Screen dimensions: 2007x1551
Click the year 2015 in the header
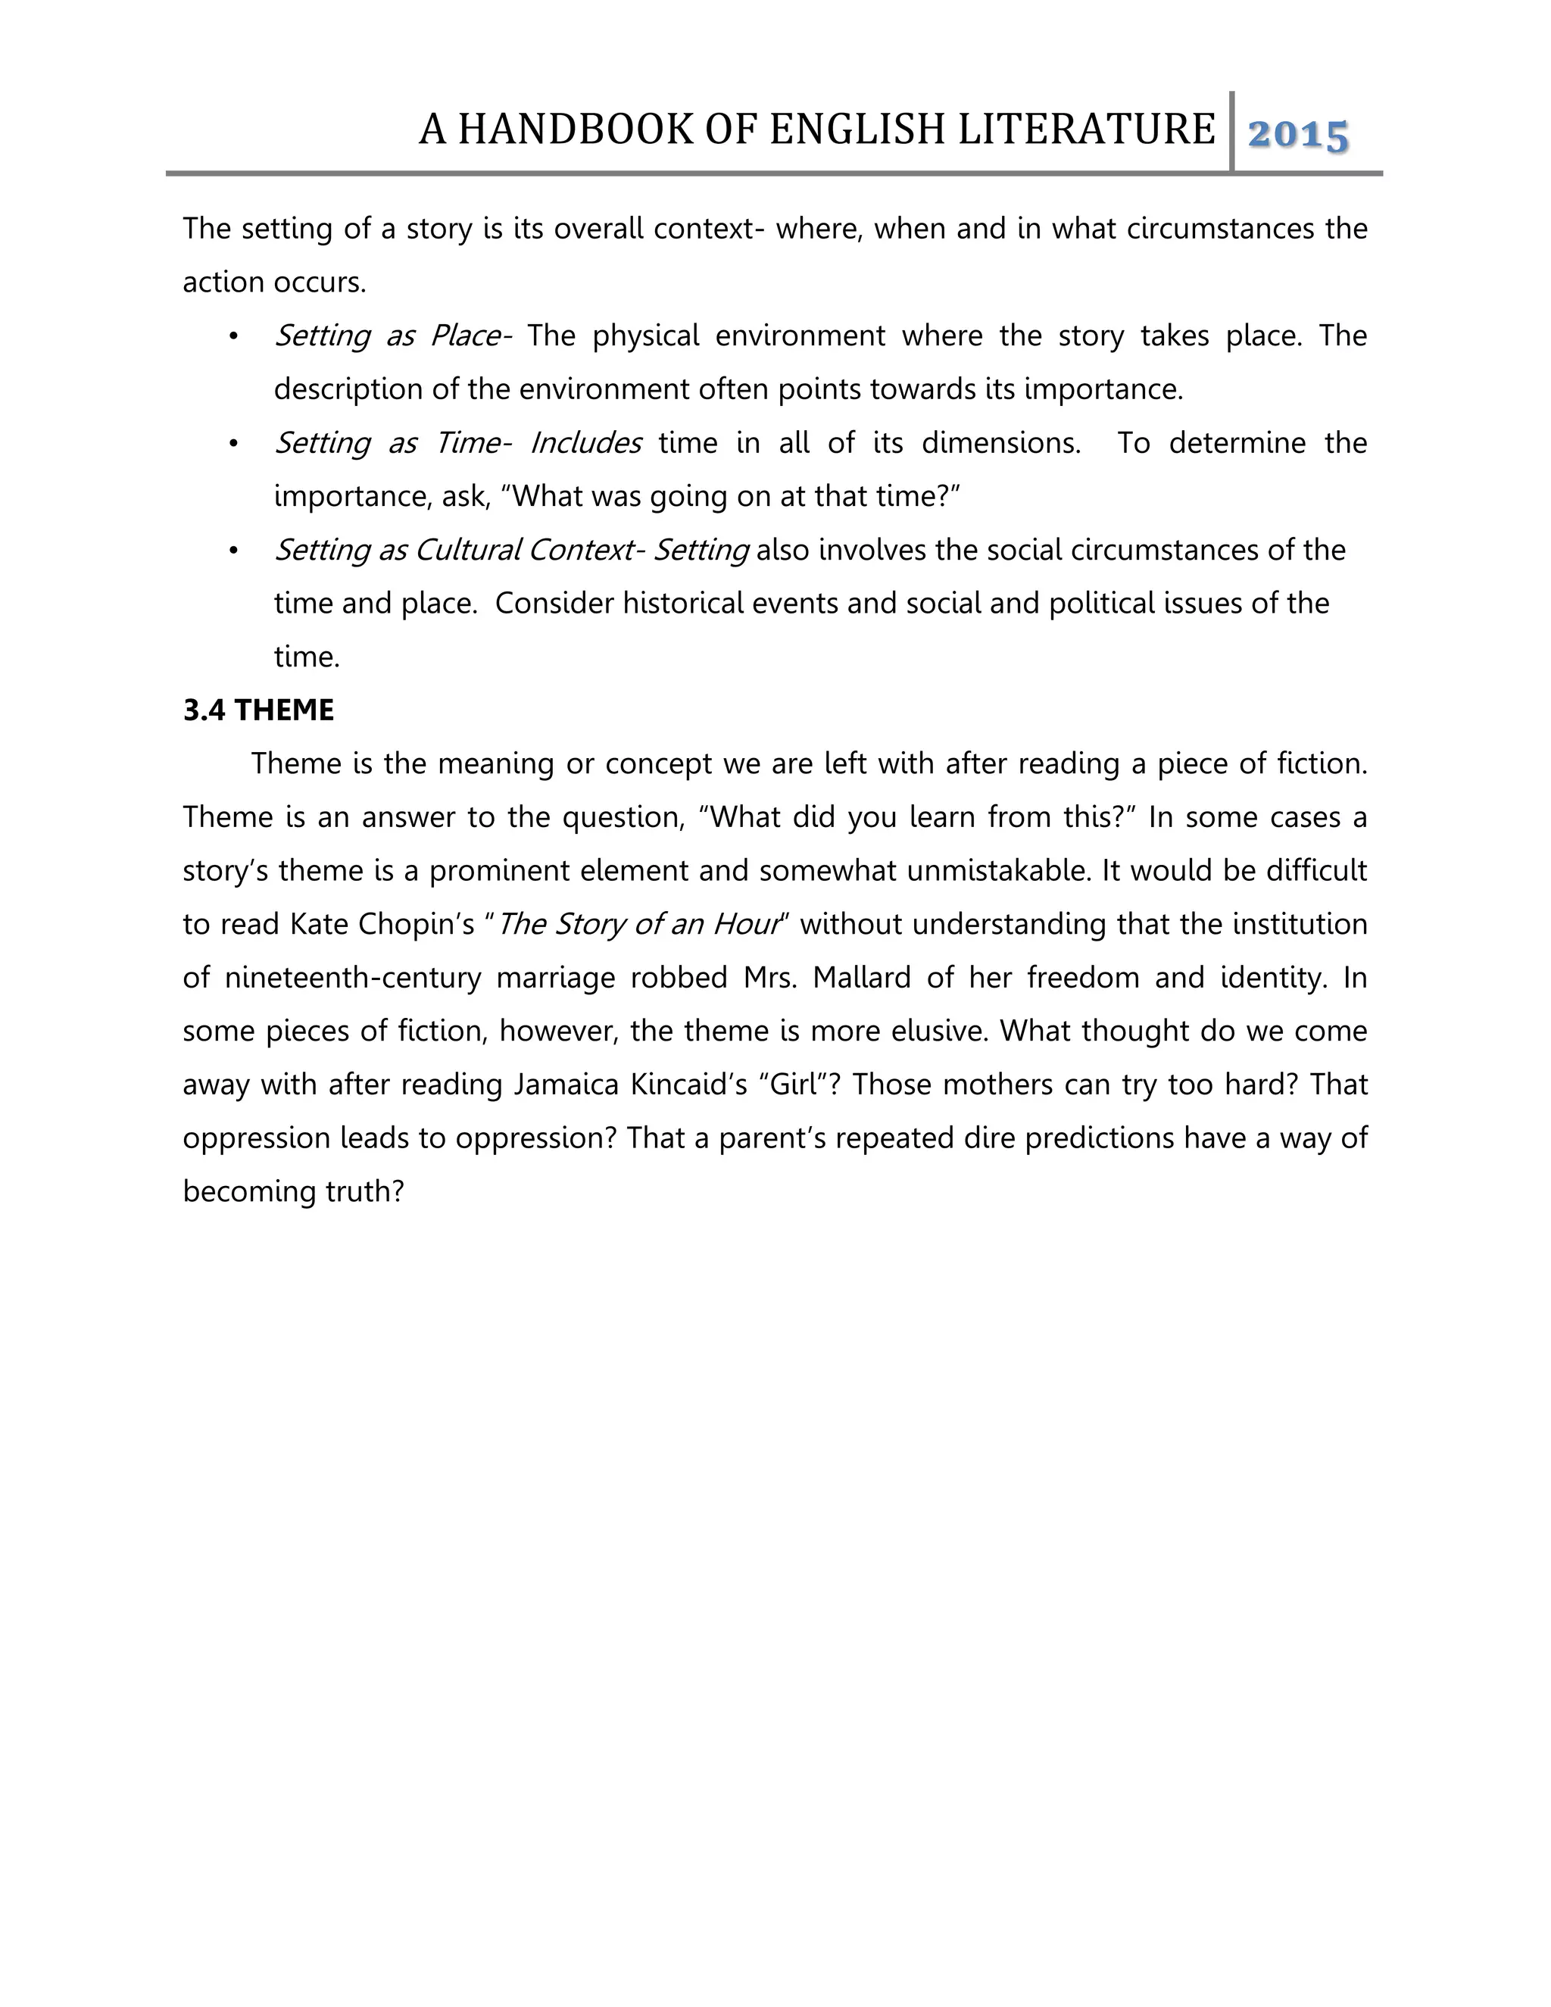coord(1298,135)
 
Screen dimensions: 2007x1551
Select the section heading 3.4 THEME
coord(258,710)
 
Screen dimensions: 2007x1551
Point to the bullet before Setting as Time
coord(233,444)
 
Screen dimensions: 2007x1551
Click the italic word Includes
coord(585,443)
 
